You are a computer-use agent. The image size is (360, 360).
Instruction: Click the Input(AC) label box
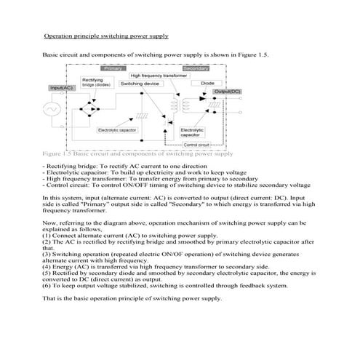click(60, 88)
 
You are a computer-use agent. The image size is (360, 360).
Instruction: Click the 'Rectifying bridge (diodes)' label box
click(92, 82)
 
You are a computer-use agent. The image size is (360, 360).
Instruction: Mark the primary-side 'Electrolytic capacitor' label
click(117, 129)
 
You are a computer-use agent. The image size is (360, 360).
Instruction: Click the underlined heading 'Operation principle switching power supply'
click(106, 36)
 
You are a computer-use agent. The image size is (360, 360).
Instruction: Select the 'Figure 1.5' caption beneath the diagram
click(137, 154)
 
